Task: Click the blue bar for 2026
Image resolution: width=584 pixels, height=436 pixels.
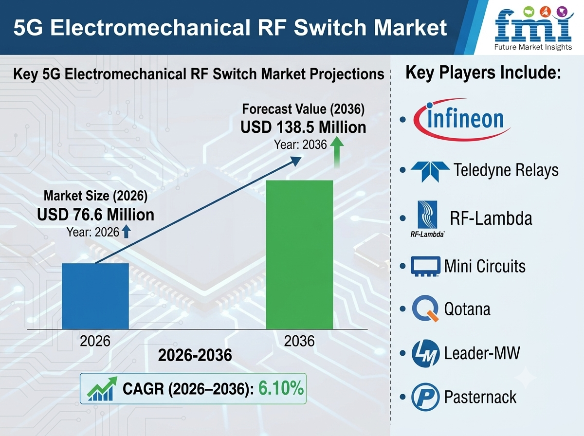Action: (95, 296)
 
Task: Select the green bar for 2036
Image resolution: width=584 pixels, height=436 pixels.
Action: (300, 255)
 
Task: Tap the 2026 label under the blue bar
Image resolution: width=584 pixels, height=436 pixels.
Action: (95, 341)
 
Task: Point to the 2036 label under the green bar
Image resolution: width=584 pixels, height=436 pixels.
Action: (299, 341)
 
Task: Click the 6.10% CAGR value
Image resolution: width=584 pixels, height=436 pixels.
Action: (281, 388)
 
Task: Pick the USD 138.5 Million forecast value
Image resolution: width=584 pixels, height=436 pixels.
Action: (303, 127)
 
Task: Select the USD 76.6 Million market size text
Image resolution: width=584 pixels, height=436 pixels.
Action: (95, 215)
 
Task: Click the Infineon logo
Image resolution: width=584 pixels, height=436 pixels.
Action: (462, 119)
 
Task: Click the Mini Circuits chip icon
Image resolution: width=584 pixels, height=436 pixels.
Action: (425, 266)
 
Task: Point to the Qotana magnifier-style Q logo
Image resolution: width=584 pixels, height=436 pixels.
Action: (425, 309)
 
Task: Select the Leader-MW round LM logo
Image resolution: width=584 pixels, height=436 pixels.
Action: (425, 353)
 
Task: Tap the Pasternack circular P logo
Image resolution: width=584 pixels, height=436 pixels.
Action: (425, 397)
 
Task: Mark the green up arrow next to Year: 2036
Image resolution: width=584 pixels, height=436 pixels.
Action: (337, 152)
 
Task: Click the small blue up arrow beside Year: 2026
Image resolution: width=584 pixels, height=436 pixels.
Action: (126, 232)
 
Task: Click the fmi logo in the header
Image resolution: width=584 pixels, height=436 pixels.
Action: (533, 28)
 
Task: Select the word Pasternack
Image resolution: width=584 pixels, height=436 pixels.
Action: (480, 397)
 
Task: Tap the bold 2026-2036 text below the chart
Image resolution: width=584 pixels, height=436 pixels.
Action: (195, 355)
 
